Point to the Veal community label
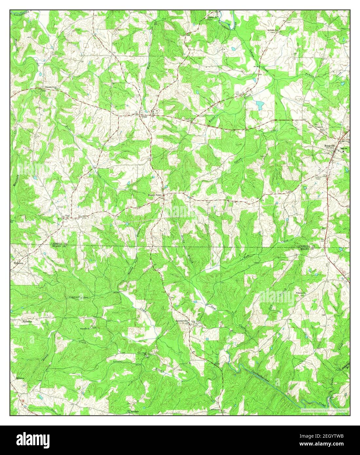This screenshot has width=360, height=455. coord(67,216)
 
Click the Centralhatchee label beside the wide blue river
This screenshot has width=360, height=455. coord(262,377)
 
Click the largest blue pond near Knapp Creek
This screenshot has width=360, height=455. coord(259,105)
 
